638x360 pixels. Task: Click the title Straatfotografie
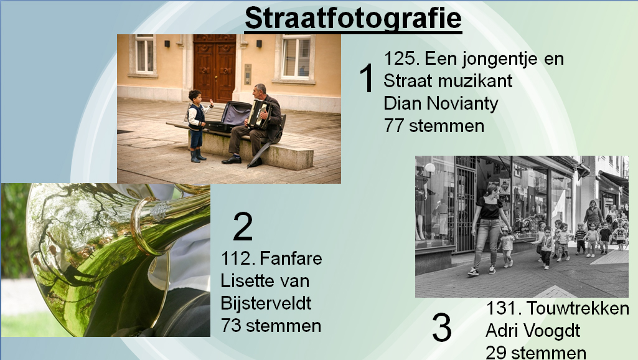(x=353, y=18)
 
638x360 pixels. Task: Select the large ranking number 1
(x=367, y=78)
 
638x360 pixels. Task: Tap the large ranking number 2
(x=243, y=226)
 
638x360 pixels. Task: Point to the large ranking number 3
(x=441, y=328)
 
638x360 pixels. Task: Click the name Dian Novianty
(x=441, y=103)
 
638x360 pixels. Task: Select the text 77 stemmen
(x=434, y=125)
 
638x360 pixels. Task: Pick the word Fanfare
(x=291, y=258)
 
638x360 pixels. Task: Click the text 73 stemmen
(x=271, y=325)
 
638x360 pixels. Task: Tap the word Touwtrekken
(x=578, y=308)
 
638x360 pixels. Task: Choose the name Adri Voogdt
(x=533, y=331)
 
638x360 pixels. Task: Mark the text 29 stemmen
(x=536, y=353)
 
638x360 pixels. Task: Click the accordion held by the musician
(x=259, y=113)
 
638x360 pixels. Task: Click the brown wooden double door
(x=214, y=68)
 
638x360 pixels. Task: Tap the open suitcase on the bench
(x=230, y=116)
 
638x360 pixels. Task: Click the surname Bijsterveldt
(x=266, y=303)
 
